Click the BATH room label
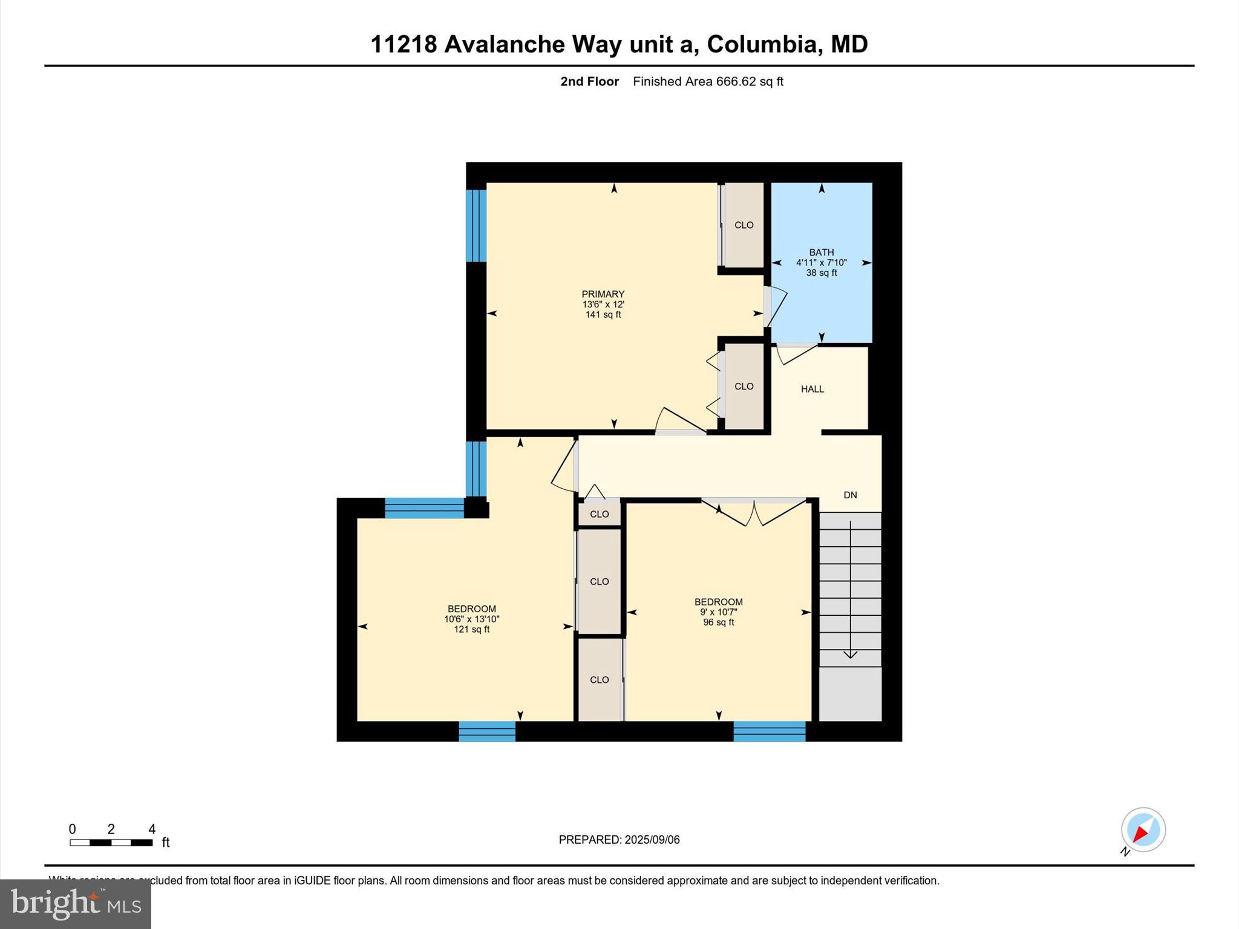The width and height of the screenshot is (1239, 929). coord(821,252)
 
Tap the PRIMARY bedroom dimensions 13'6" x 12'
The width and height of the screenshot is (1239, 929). coord(603,305)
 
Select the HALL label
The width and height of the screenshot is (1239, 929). coord(812,390)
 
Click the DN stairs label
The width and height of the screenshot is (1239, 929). coord(850,495)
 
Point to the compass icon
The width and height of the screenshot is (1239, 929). coord(1143,830)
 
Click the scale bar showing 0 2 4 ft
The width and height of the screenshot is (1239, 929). coord(111,842)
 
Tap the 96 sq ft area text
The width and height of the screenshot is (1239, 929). coord(718,622)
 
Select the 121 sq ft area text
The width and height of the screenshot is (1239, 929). coord(471,630)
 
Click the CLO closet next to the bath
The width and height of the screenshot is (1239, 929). coord(744,225)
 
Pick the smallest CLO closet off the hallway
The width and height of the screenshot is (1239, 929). coord(599,515)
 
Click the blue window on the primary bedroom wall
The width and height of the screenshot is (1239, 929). coord(476,226)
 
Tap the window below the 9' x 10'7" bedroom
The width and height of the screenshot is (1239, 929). coord(769,731)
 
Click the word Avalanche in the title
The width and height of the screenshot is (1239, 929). coord(504,44)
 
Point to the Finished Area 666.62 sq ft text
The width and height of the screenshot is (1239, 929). coord(708,82)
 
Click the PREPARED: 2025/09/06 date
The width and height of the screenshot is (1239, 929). coord(619,839)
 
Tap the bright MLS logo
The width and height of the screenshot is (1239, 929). coord(76,904)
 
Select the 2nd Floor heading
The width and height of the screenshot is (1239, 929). coord(589,82)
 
